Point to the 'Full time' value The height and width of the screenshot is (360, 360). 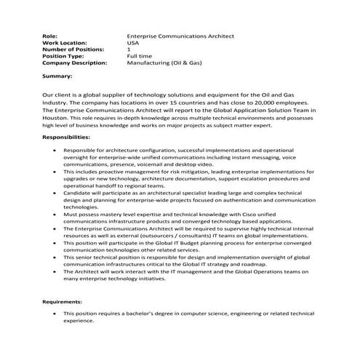tap(140, 56)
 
